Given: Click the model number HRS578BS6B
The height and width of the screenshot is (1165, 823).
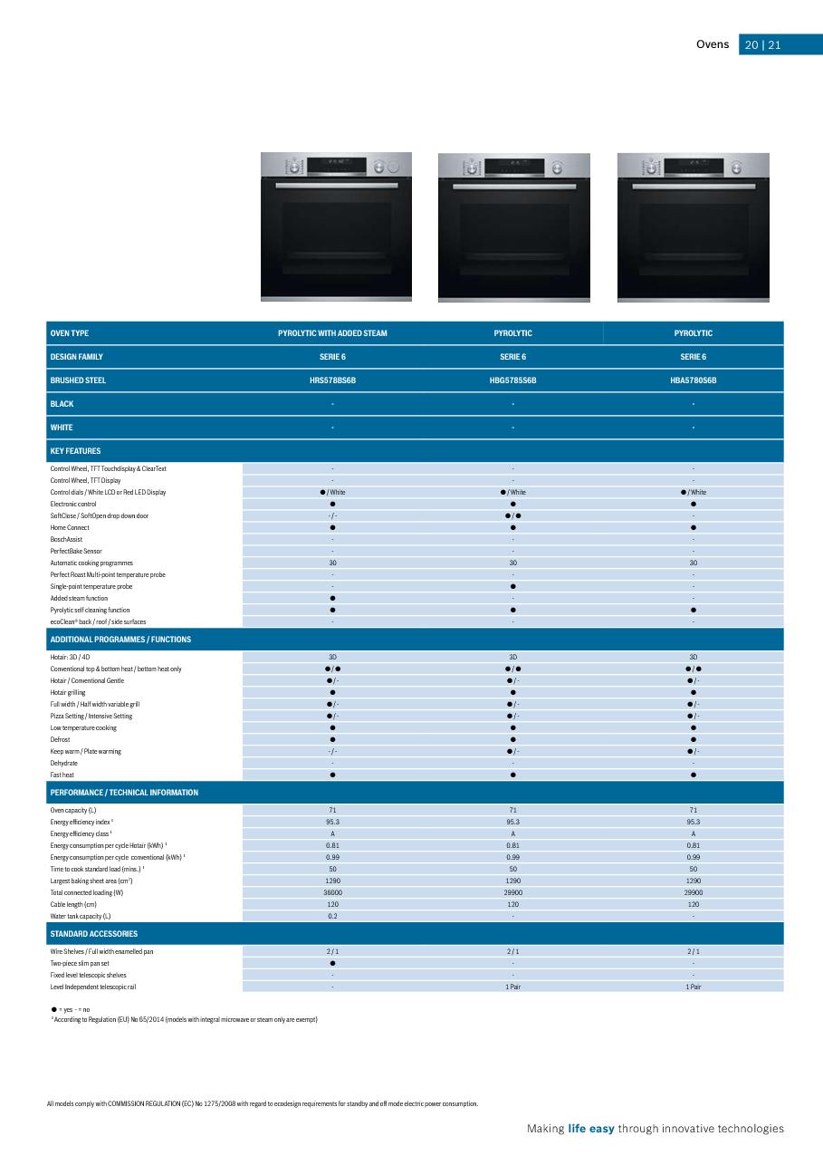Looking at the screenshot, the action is tap(332, 380).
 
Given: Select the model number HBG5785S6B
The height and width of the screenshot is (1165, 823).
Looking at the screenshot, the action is tap(512, 380).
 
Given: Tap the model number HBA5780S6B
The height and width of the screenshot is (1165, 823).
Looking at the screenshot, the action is tap(694, 380).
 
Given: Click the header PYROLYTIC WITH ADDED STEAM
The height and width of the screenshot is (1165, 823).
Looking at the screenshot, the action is tap(332, 333).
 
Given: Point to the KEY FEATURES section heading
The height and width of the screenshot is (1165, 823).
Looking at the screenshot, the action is tap(75, 451).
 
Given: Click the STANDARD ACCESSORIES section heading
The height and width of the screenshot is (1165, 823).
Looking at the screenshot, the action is tap(94, 934).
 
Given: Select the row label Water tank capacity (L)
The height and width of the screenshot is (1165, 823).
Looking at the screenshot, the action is tap(81, 916).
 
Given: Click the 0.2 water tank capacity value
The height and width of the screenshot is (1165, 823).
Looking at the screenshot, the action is tap(332, 916).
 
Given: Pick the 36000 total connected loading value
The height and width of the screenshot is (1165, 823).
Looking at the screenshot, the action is tap(332, 892).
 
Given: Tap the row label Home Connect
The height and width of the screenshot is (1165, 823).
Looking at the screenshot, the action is tap(70, 527).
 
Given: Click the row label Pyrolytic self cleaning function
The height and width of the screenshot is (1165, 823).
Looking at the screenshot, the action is tap(90, 610).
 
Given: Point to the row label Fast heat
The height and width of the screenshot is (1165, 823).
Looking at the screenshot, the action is tap(62, 775).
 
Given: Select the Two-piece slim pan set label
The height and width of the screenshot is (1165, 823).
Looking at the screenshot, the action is tap(80, 963).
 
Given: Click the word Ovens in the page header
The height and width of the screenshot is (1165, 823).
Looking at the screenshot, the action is tap(712, 44).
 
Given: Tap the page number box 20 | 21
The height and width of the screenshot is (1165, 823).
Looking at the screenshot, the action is tap(762, 45).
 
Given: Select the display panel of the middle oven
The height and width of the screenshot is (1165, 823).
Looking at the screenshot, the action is tap(513, 167).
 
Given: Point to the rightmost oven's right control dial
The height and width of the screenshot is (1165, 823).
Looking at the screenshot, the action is tap(737, 168).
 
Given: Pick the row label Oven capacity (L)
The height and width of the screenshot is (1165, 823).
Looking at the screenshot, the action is tap(73, 810).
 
